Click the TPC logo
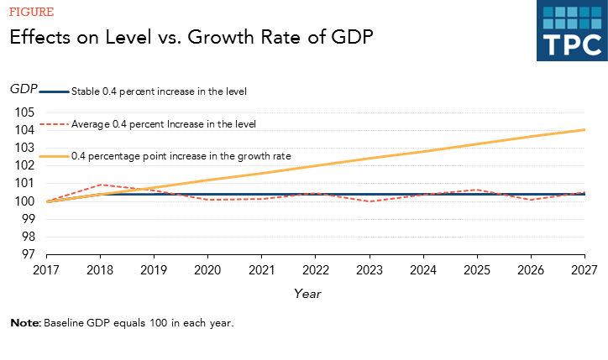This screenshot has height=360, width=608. (571, 31)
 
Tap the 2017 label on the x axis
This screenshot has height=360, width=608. (46, 270)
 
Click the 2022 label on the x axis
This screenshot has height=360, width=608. (315, 270)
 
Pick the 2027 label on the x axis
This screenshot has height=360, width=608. (584, 270)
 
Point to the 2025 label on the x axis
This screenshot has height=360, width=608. (476, 270)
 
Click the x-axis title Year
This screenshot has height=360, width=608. (307, 294)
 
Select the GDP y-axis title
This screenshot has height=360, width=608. (23, 89)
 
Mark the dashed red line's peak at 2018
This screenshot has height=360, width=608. (100, 185)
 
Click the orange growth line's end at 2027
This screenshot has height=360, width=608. (584, 130)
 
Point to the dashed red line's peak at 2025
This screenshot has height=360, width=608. (476, 190)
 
